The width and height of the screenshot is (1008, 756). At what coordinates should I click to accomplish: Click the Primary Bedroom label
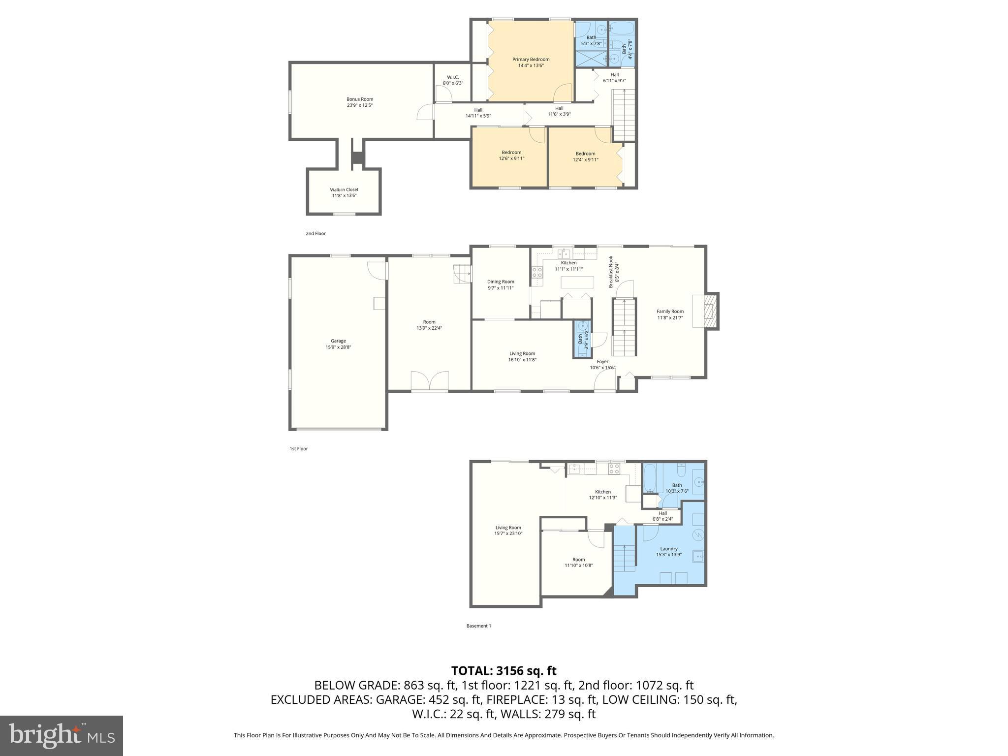pyautogui.click(x=531, y=60)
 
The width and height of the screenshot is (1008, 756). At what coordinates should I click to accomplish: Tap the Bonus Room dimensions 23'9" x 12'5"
pyautogui.click(x=359, y=105)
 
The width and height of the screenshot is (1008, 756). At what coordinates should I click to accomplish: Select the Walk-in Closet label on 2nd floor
pyautogui.click(x=344, y=189)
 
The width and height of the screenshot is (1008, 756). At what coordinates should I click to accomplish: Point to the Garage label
pyautogui.click(x=338, y=341)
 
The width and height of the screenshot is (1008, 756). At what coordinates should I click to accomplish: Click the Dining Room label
pyautogui.click(x=501, y=282)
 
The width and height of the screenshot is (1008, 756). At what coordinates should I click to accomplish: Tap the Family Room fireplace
pyautogui.click(x=707, y=311)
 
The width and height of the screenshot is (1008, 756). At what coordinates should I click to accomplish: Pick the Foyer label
pyautogui.click(x=602, y=362)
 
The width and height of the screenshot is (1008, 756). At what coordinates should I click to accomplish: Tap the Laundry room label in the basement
pyautogui.click(x=668, y=549)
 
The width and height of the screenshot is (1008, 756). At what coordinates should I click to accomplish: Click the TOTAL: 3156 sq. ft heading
pyautogui.click(x=504, y=671)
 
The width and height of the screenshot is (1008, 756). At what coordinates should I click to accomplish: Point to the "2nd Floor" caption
pyautogui.click(x=315, y=234)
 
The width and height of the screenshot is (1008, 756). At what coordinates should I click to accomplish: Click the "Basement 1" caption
pyautogui.click(x=478, y=626)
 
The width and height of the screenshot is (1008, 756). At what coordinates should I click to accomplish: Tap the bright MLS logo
pyautogui.click(x=62, y=736)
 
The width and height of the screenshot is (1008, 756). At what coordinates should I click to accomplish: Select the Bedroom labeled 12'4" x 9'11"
pyautogui.click(x=585, y=154)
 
